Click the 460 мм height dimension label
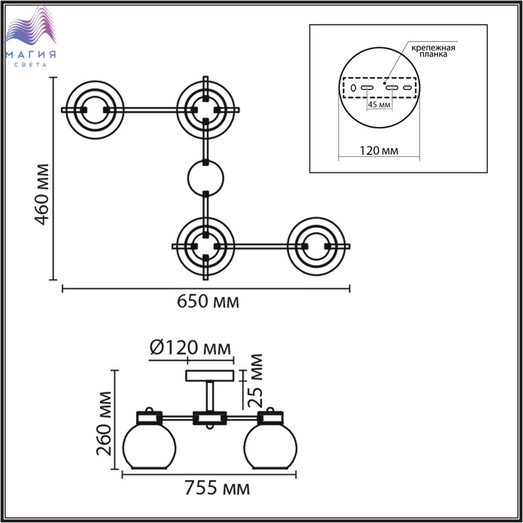(43, 194)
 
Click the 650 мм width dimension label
(208, 302)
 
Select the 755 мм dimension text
(217, 489)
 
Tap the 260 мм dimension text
(104, 424)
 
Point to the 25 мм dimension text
(256, 381)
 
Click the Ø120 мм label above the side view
(190, 348)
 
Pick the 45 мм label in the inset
(379, 105)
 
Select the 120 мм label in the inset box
(379, 151)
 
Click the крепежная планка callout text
(433, 51)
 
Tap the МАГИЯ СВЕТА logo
(31, 36)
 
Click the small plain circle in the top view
(205, 179)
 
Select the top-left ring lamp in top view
(95, 110)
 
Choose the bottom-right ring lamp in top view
(316, 247)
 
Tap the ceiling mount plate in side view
(209, 376)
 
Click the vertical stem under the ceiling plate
(210, 397)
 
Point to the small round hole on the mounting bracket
(353, 88)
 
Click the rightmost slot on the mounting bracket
(407, 87)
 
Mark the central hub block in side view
(210, 418)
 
